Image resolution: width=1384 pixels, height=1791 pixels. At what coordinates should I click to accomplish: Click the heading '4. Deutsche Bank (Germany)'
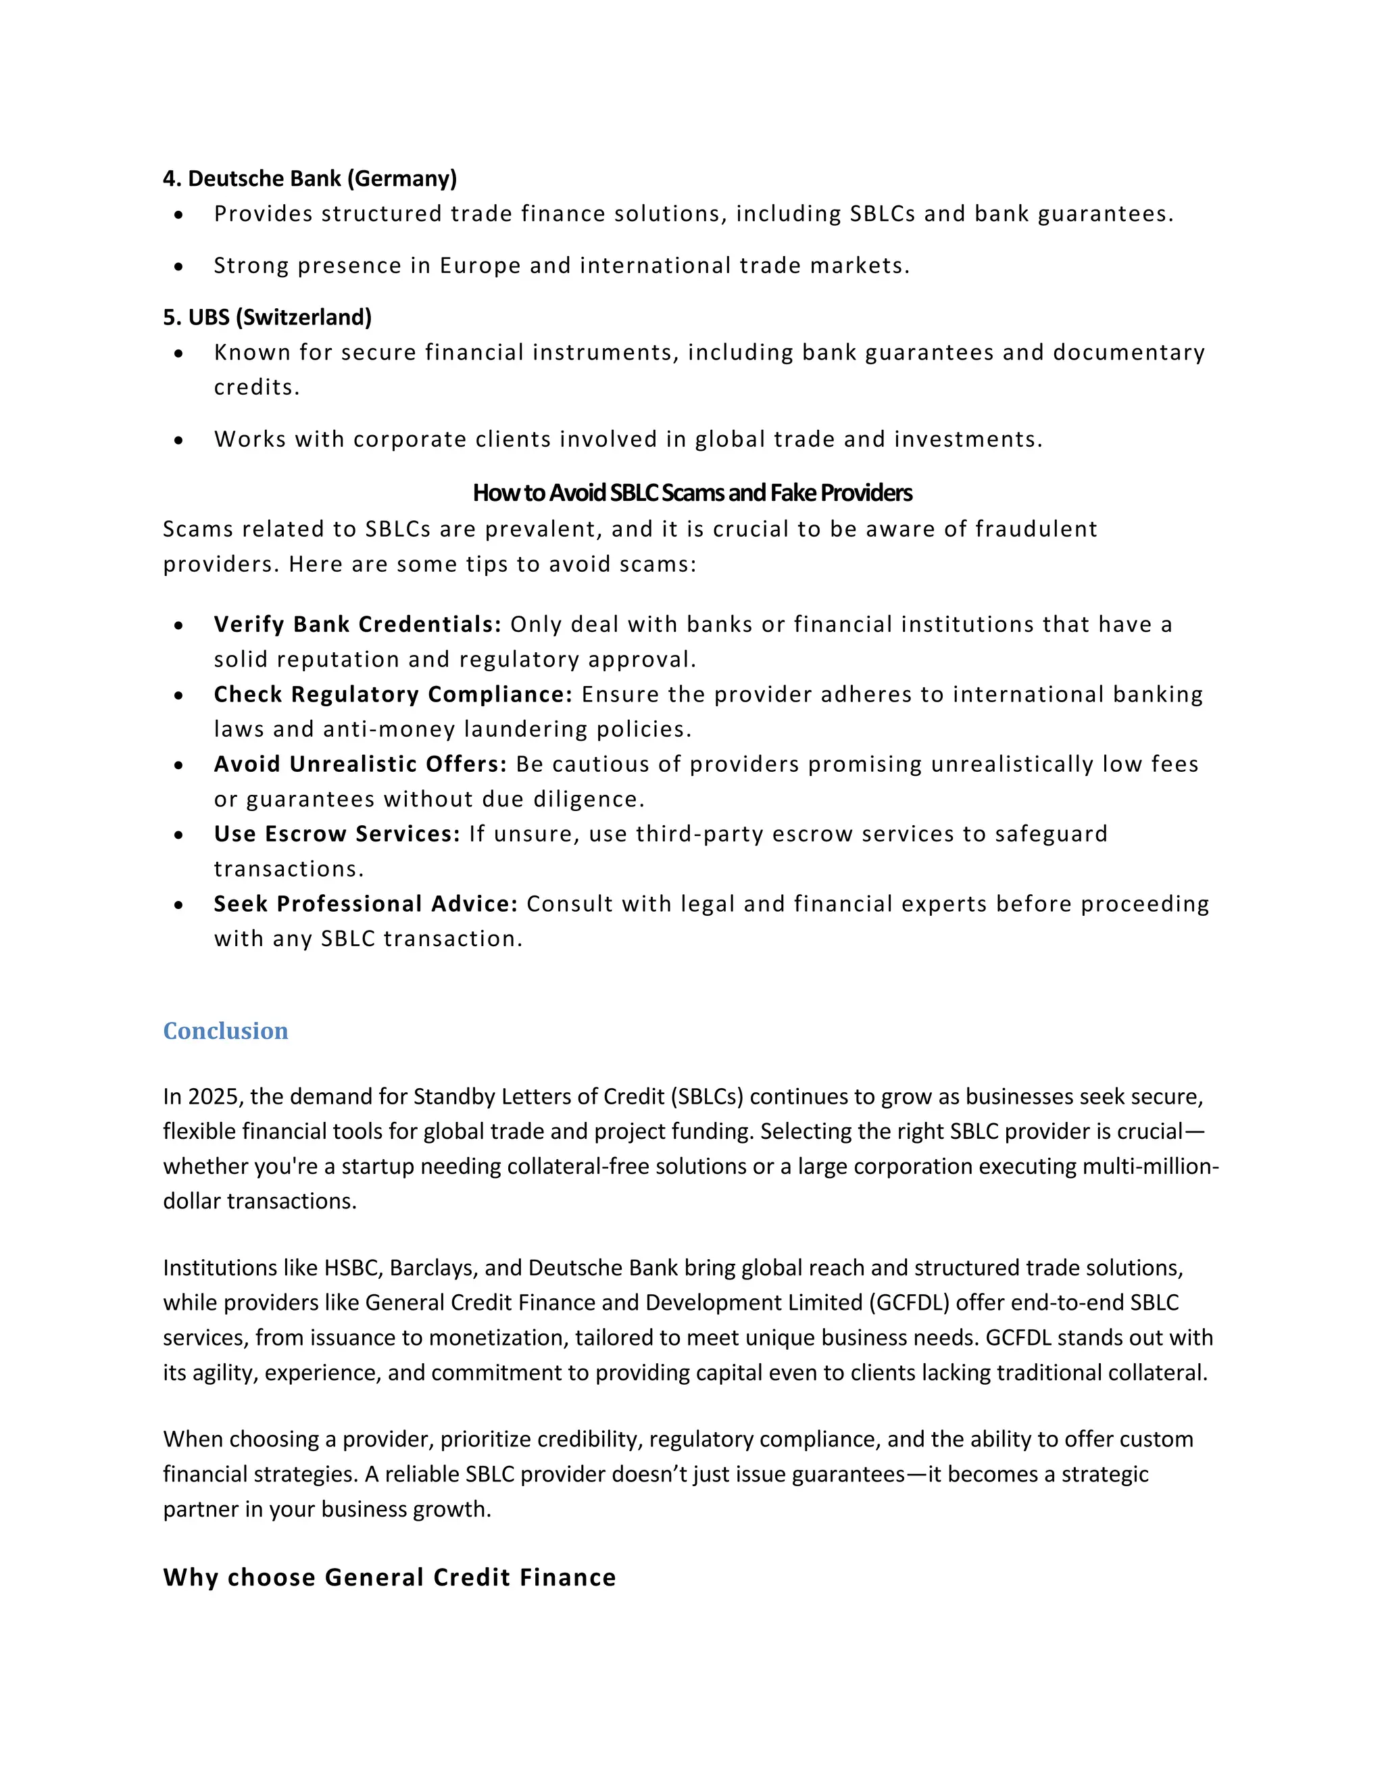tap(310, 179)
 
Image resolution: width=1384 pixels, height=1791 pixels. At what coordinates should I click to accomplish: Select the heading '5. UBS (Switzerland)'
tap(268, 318)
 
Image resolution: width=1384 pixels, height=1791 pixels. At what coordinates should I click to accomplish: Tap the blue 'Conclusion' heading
tap(226, 1031)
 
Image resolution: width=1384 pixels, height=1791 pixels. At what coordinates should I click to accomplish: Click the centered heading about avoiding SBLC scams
tap(692, 493)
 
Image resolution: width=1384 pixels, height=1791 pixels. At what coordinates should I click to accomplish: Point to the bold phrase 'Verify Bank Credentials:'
tap(357, 625)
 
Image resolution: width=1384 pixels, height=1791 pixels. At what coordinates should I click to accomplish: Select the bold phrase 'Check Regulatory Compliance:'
tap(393, 695)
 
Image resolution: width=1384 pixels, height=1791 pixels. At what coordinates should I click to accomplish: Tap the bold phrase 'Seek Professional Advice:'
tap(366, 904)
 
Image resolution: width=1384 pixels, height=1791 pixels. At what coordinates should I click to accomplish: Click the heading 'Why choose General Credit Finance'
tap(389, 1577)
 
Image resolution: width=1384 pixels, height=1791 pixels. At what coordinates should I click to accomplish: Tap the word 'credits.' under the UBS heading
tap(257, 387)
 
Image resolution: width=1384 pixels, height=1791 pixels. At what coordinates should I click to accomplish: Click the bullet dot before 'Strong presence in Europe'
tap(178, 266)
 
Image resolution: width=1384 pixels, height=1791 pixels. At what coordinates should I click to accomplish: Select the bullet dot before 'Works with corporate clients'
tap(178, 441)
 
